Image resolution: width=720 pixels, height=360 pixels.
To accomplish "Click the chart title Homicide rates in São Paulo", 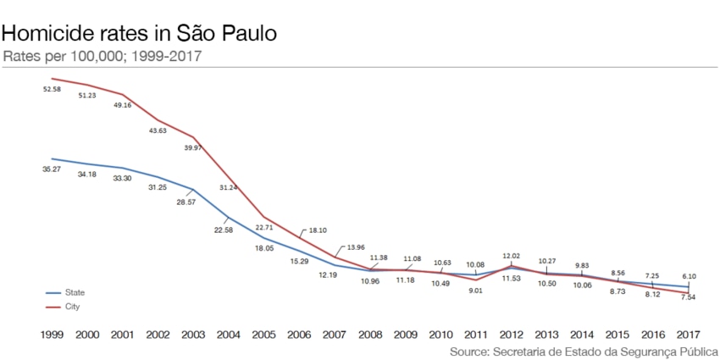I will click(x=140, y=34).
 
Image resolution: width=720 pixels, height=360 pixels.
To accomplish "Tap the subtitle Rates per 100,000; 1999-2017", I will click(x=102, y=57).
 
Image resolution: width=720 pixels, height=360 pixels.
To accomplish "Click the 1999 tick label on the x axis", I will click(x=52, y=335).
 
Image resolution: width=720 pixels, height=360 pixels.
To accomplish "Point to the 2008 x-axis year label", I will click(x=370, y=335).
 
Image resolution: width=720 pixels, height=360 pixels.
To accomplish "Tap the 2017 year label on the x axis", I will click(x=688, y=335).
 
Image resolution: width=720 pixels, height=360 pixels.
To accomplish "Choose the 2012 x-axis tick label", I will click(x=511, y=335).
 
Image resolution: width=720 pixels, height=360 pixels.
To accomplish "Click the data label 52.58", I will click(x=52, y=89).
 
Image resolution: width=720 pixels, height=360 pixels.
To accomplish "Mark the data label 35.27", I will click(x=52, y=169).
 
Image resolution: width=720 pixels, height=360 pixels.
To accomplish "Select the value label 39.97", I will click(x=194, y=147).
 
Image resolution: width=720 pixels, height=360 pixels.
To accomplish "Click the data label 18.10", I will click(x=318, y=230).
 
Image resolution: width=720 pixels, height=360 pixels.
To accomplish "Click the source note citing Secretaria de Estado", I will click(x=584, y=351).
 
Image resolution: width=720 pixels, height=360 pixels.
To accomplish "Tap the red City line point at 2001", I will click(x=124, y=95).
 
